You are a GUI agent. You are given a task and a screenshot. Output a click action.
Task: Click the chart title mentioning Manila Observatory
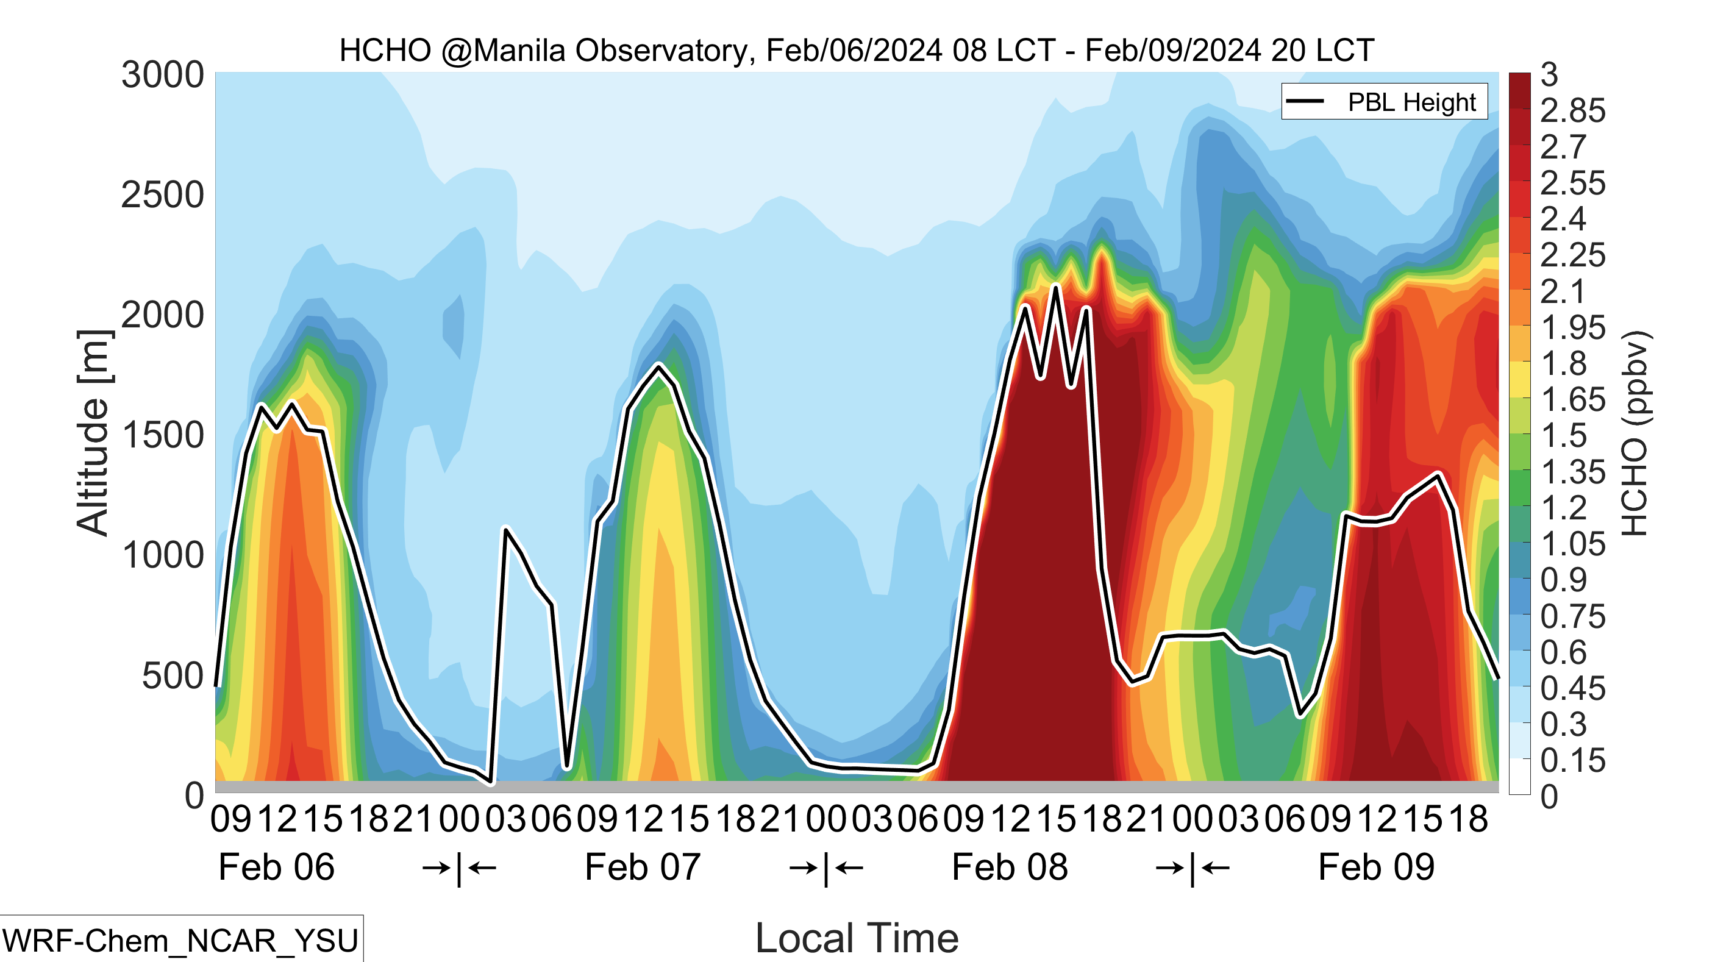pos(856,51)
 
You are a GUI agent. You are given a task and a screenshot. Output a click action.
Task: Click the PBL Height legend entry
pos(1384,102)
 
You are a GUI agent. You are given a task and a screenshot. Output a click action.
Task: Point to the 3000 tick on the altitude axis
pos(162,74)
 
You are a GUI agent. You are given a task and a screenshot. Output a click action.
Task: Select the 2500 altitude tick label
pos(162,195)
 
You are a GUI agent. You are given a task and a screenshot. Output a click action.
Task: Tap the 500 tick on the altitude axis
pos(173,675)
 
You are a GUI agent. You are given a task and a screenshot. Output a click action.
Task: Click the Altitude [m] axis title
pos(93,433)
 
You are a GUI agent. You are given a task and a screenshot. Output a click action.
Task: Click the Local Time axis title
pos(857,939)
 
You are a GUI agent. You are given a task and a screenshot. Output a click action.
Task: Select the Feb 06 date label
pos(276,868)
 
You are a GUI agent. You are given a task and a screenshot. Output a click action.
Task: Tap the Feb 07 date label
pos(643,868)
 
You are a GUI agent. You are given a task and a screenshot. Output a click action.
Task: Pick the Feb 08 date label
pos(1010,868)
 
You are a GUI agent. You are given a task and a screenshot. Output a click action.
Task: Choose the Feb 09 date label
pos(1376,868)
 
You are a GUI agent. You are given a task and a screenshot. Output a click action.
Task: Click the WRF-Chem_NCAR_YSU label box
pos(181,939)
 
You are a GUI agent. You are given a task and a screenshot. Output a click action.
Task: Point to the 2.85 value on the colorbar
pos(1572,110)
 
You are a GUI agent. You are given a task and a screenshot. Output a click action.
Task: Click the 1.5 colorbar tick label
pos(1564,435)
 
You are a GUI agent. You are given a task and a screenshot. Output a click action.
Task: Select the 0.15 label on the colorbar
pos(1572,760)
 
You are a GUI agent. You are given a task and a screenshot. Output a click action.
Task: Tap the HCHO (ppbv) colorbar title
pos(1635,433)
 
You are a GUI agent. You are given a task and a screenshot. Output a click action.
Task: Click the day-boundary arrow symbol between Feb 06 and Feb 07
pos(458,868)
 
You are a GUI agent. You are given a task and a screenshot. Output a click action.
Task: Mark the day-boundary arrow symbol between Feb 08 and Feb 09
pos(1192,868)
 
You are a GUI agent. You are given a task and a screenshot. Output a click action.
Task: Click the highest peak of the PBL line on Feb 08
pos(1055,287)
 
